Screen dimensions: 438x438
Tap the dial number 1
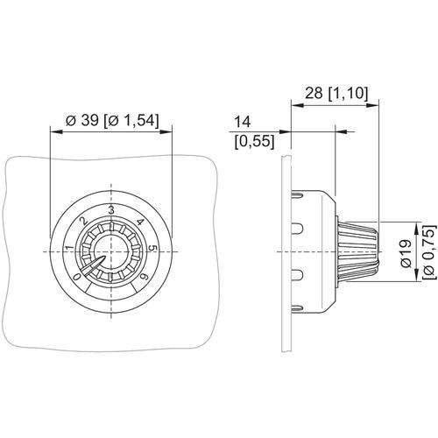[x=70, y=249]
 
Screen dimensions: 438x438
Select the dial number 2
[x=84, y=221]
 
